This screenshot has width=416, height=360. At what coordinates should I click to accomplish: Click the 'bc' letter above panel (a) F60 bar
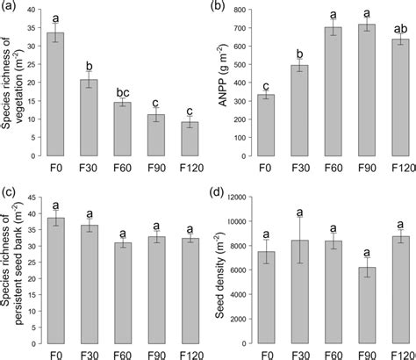pyautogui.click(x=123, y=90)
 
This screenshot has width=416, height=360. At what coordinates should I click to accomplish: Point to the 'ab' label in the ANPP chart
pyautogui.click(x=399, y=27)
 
